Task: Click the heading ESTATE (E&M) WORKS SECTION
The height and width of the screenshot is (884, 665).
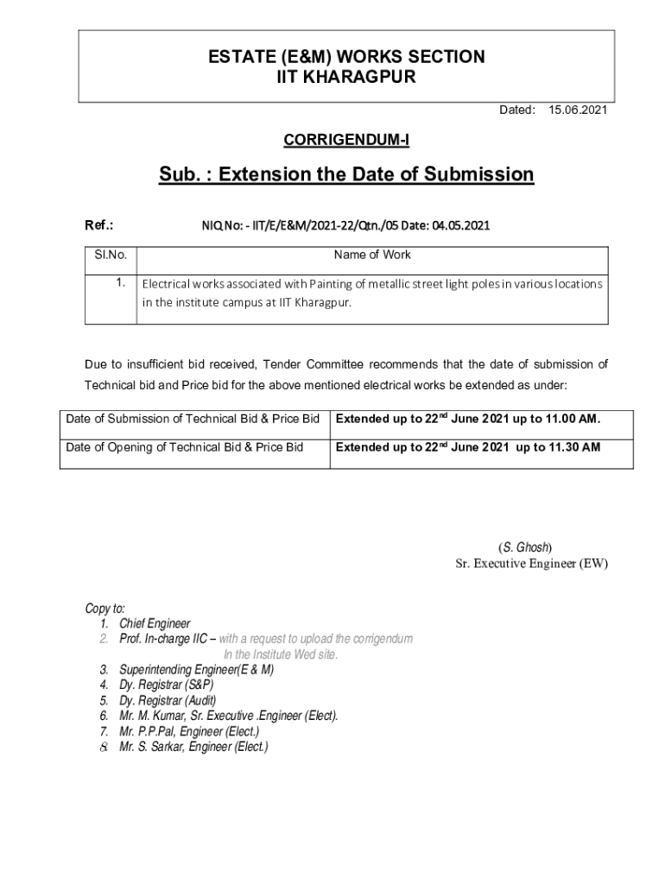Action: click(346, 57)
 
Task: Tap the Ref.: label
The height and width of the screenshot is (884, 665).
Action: click(100, 226)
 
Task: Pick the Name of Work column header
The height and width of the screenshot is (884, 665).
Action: click(372, 255)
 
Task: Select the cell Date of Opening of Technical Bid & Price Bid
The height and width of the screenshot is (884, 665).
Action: click(185, 447)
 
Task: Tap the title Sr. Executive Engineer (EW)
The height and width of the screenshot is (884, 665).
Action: click(531, 564)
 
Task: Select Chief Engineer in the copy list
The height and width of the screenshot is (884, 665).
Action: click(155, 623)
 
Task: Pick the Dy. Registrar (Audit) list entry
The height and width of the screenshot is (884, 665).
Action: click(168, 700)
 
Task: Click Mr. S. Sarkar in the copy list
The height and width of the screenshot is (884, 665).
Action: click(152, 747)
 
